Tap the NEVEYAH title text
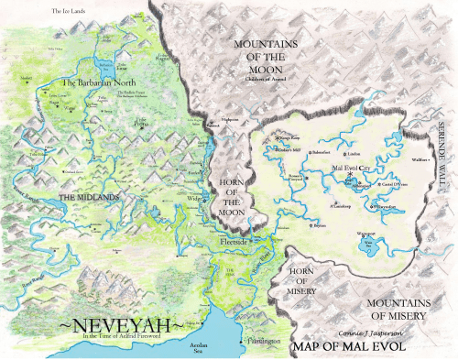pos(118,325)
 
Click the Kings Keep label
pos(291,138)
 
